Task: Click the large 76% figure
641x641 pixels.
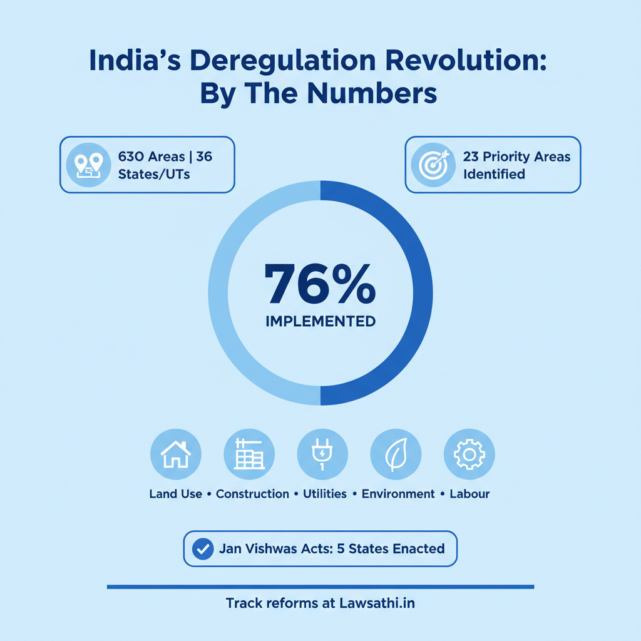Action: [320, 285]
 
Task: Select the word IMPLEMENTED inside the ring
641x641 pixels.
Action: [320, 322]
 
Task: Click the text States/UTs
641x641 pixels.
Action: [154, 173]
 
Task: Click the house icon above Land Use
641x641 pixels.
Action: [175, 454]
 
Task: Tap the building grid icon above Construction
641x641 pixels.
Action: [249, 454]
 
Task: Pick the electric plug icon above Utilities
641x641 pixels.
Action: [322, 454]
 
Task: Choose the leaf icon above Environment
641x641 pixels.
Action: [396, 454]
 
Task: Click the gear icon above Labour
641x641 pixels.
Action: [469, 454]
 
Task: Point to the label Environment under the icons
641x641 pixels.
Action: [398, 494]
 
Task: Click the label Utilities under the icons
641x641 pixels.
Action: [324, 494]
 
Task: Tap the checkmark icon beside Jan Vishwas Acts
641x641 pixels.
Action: [202, 549]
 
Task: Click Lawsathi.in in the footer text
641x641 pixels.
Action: [377, 604]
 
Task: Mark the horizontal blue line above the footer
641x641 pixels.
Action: [320, 587]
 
